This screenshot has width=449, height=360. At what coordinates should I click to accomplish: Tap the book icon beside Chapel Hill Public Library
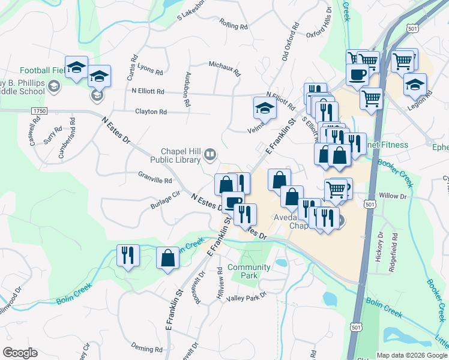[210, 156]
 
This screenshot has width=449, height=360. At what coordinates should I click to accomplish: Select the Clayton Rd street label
[151, 112]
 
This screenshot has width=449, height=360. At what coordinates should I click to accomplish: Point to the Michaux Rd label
[224, 68]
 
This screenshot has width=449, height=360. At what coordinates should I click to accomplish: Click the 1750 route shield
[39, 111]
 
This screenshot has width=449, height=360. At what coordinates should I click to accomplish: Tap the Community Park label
[249, 271]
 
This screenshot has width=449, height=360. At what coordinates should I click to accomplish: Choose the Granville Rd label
[155, 180]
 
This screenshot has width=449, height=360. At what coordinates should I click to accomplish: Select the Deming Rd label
[147, 349]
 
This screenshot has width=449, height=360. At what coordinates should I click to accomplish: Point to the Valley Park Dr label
[246, 298]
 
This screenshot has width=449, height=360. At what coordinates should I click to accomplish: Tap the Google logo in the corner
[20, 353]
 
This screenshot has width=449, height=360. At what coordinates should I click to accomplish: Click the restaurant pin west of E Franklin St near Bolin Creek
[128, 256]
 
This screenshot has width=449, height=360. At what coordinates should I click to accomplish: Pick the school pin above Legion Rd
[415, 85]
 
